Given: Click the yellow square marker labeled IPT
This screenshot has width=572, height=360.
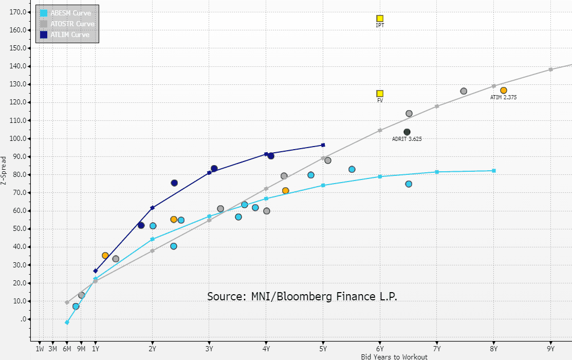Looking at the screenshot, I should [380, 19].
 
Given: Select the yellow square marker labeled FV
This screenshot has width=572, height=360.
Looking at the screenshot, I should [380, 94].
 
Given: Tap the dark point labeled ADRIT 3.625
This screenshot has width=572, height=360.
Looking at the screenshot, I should [407, 132].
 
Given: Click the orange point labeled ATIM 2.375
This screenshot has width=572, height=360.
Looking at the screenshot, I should [504, 91].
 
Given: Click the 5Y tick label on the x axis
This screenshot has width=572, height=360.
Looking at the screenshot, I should [323, 349].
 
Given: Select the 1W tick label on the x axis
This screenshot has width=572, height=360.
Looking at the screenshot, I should [40, 349].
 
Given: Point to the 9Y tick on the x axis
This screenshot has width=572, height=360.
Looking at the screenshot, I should [550, 349].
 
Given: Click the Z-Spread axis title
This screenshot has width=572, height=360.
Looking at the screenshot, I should [5, 171].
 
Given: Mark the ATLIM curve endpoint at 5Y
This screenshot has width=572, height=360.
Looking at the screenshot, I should [323, 145].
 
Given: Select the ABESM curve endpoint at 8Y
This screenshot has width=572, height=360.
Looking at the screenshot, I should [494, 171].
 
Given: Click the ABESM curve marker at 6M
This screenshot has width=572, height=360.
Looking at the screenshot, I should [67, 322].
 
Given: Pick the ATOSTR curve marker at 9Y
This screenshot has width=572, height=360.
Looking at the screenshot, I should [550, 69].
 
